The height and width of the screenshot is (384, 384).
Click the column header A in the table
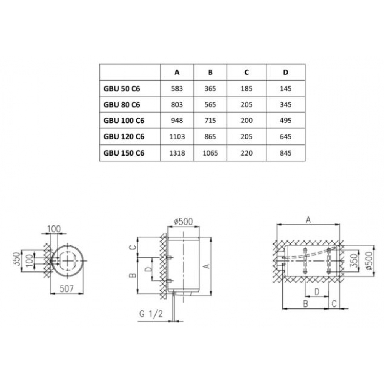[x=177, y=72]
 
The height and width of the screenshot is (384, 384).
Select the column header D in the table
[x=286, y=72]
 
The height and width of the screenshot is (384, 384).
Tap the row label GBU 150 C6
[x=124, y=153]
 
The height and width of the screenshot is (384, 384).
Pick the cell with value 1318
[x=177, y=153]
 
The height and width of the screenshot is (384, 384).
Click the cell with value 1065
[x=210, y=153]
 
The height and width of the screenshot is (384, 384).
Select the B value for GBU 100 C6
[x=210, y=121]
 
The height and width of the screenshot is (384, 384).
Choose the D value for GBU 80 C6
[x=286, y=104]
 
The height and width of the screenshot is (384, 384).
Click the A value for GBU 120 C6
[x=177, y=137]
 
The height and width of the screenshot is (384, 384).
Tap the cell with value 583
[x=177, y=88]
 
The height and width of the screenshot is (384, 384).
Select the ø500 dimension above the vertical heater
[x=183, y=222]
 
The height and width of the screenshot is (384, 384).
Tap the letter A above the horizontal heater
[x=308, y=219]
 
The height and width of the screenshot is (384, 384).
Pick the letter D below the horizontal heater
[x=316, y=291]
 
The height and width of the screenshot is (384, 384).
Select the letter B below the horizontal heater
[x=306, y=303]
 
